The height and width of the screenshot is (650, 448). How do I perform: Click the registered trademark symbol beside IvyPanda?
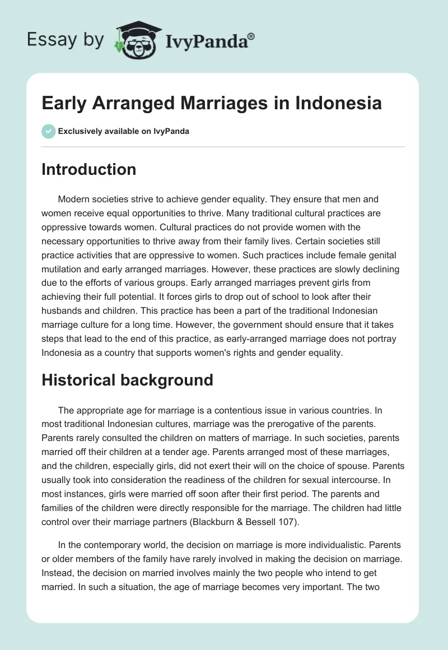(251, 36)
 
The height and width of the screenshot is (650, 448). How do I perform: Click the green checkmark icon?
(48, 131)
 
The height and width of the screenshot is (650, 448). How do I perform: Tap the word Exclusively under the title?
(80, 132)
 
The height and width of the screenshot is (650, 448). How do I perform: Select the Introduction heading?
(88, 169)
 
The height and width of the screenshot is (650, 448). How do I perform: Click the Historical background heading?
(127, 380)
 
